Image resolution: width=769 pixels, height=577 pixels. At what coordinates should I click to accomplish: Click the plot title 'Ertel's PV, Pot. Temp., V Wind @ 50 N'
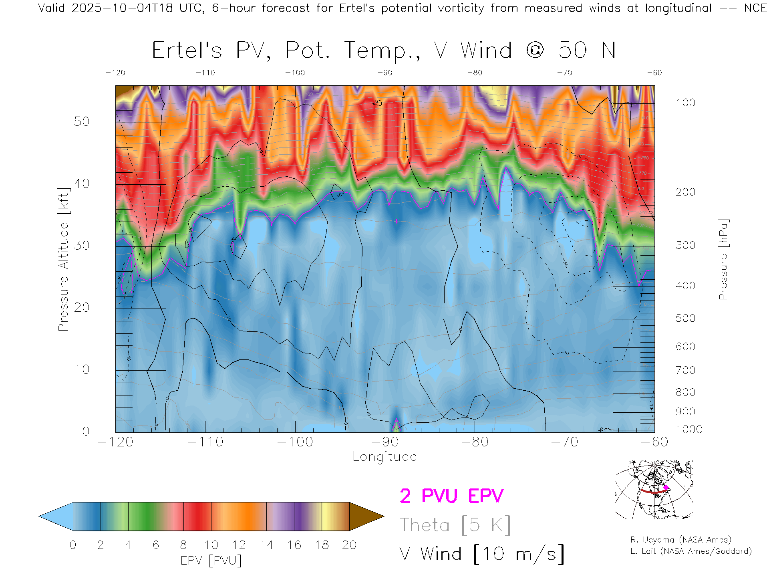point(384,51)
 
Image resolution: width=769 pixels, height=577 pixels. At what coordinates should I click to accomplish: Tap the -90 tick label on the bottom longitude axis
point(384,442)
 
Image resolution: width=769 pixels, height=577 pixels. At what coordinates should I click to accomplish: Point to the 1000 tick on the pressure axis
point(689,430)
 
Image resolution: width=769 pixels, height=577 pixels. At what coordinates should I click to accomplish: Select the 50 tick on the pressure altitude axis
point(81,121)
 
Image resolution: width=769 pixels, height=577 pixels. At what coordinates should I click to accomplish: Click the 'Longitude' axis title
point(384,457)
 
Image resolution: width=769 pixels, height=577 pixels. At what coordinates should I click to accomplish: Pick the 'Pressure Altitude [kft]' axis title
point(63,260)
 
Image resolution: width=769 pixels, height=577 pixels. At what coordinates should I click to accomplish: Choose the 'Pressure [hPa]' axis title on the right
point(723,260)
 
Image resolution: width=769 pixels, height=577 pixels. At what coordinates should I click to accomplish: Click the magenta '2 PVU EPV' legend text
point(451,496)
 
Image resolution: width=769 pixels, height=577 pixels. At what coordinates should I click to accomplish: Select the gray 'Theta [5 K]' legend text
point(455,525)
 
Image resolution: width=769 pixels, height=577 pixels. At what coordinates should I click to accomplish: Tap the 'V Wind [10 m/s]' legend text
point(481,554)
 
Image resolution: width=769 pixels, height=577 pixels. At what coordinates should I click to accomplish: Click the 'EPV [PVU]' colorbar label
point(211,561)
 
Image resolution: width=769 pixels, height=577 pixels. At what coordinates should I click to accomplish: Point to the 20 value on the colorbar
point(349,545)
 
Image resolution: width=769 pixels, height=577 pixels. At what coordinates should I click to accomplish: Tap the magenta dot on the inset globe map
point(666,488)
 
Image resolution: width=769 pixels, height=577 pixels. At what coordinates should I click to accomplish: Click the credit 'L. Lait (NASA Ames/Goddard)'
point(691,551)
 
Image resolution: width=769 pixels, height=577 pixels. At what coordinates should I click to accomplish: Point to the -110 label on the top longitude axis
point(205,73)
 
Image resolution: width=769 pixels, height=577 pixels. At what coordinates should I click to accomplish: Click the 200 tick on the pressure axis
point(685,192)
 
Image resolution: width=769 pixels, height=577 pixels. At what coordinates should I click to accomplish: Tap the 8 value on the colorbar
point(183,545)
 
